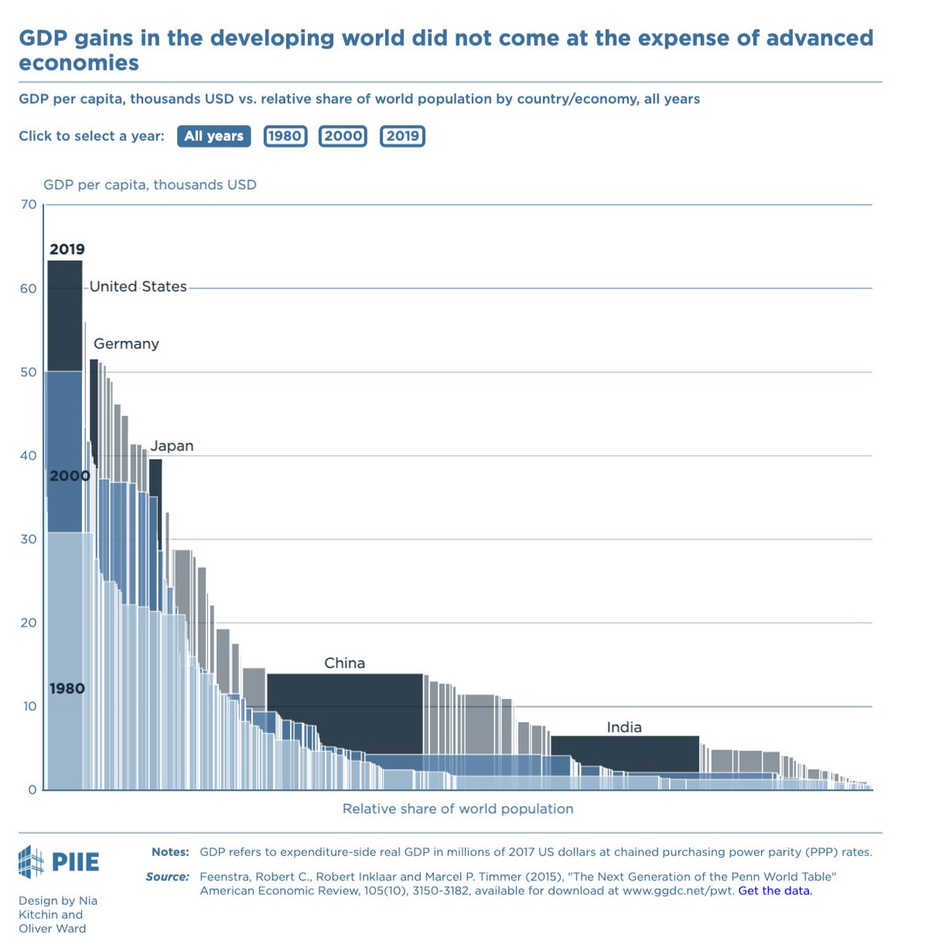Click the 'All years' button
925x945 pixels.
point(214,136)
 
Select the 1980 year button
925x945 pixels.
point(284,136)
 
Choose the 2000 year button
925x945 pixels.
point(343,136)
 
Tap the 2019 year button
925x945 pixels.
point(403,136)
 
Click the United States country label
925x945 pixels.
point(138,287)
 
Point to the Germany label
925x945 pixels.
point(126,344)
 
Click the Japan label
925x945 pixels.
point(172,446)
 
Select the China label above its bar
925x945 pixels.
point(344,663)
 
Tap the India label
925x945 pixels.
point(624,727)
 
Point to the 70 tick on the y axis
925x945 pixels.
point(29,205)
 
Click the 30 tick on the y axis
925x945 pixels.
point(29,539)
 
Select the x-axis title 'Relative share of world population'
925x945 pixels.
point(458,809)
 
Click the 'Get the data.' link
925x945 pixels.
point(775,891)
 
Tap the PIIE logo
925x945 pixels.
point(59,862)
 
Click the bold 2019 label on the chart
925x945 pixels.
point(67,250)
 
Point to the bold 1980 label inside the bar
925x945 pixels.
point(67,689)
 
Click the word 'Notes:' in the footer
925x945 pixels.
point(170,852)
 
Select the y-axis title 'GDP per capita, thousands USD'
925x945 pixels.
point(150,185)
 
